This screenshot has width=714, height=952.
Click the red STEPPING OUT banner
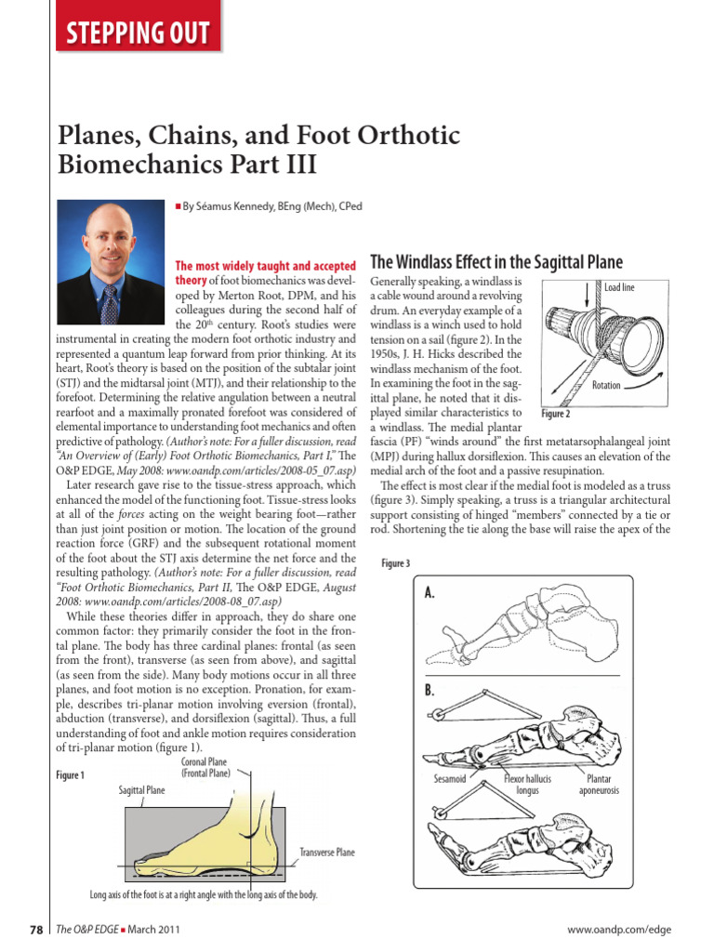(x=136, y=34)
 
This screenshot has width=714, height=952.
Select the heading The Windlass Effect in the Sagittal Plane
(x=496, y=261)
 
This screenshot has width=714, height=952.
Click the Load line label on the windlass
(x=619, y=288)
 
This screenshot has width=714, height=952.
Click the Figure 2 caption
(x=555, y=414)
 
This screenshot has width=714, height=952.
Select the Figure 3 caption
(x=395, y=563)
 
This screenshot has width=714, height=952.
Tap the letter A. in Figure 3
(x=430, y=593)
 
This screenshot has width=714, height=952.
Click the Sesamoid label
(x=449, y=778)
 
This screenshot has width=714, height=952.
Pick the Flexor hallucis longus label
(x=527, y=784)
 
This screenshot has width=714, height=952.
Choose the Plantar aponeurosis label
(x=599, y=784)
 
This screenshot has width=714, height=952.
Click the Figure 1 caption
(x=70, y=774)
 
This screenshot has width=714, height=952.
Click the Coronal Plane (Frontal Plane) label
(x=205, y=767)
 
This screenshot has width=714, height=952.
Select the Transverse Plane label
(x=326, y=852)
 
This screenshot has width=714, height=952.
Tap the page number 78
(x=35, y=929)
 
